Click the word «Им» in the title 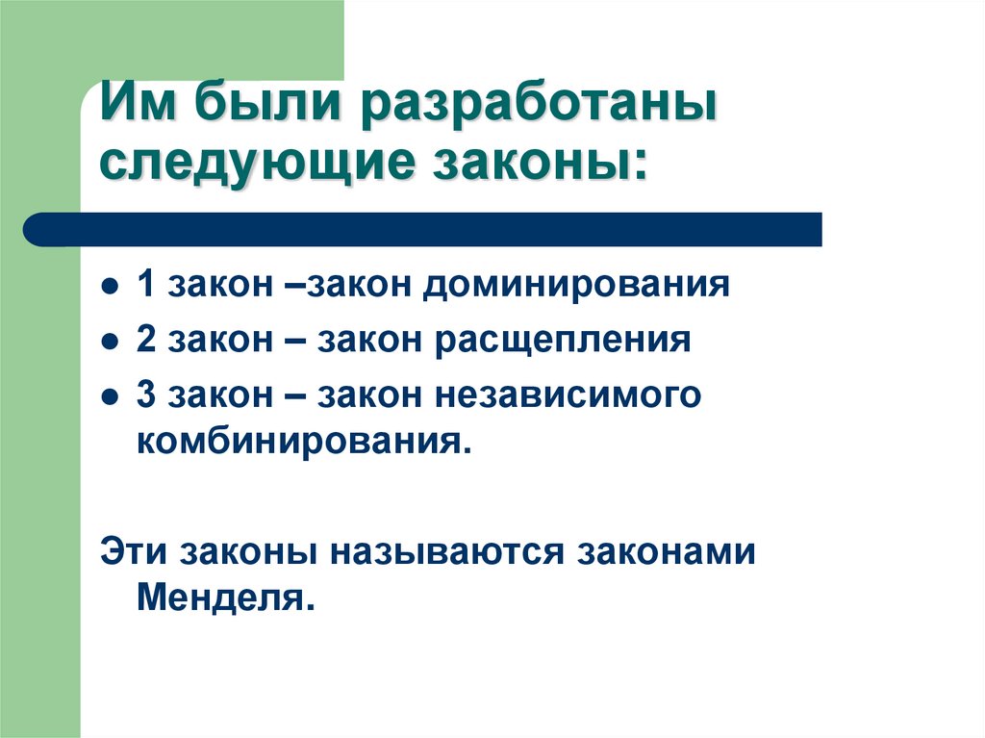139,105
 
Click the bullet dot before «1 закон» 111,288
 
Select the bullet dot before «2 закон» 111,344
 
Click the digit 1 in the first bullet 145,286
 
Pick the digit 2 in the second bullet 145,342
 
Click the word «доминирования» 573,287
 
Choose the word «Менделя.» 225,599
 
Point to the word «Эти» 130,553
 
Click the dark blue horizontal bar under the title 423,229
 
